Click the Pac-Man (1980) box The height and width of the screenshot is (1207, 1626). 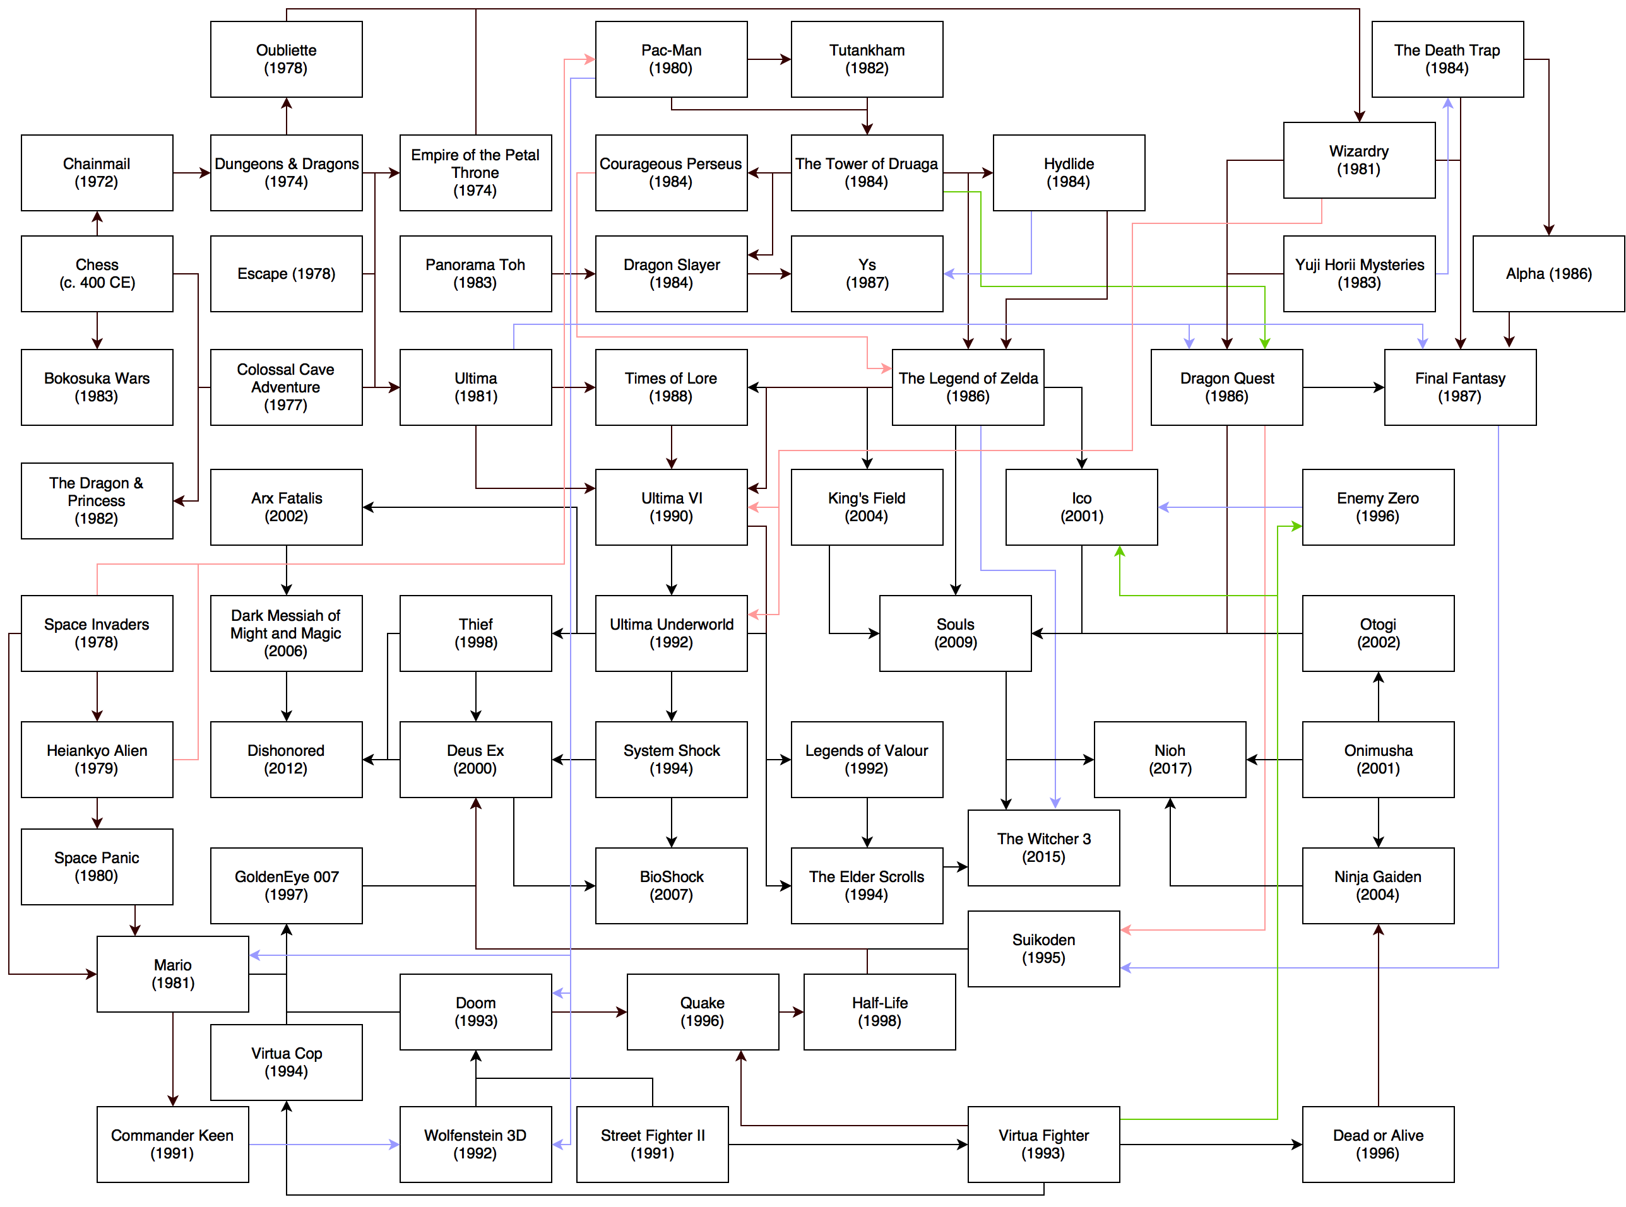tap(670, 59)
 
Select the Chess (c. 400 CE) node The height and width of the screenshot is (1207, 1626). tap(97, 273)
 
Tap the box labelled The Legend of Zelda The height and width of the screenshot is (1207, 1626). tap(967, 387)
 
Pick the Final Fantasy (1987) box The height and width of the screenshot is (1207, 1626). tap(1459, 387)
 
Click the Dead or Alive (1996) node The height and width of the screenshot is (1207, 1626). tap(1377, 1143)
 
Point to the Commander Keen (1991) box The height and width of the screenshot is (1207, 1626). tap(172, 1143)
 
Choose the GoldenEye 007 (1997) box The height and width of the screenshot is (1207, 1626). tap(286, 885)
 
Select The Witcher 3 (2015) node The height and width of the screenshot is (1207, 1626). tap(1043, 847)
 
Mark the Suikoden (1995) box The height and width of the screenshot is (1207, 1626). tap(1043, 948)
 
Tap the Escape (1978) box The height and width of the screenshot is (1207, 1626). tap(286, 273)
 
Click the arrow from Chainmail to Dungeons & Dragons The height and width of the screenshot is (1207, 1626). tap(191, 173)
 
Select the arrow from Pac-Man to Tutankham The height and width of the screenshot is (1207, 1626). tap(769, 59)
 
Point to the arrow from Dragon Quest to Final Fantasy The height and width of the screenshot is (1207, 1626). tap(1343, 387)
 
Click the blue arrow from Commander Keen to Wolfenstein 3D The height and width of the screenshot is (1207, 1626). tap(324, 1144)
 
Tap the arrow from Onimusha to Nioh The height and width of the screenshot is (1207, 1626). tap(1274, 760)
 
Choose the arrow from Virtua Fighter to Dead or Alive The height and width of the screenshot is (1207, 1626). tap(1210, 1144)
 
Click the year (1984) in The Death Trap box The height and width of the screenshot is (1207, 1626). tap(1446, 68)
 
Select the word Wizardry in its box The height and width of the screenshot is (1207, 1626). tap(1358, 151)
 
